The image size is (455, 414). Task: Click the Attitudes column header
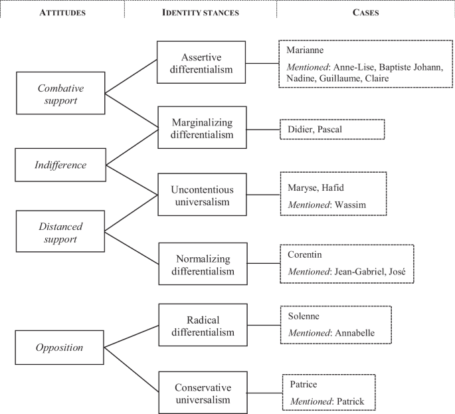point(62,11)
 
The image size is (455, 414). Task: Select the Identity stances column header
point(201,11)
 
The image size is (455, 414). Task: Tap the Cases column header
point(365,11)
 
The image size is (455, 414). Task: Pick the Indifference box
point(60,165)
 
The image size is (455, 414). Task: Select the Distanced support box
point(60,231)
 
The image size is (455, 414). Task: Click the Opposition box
point(60,347)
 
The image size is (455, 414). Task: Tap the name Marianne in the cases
point(306,51)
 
